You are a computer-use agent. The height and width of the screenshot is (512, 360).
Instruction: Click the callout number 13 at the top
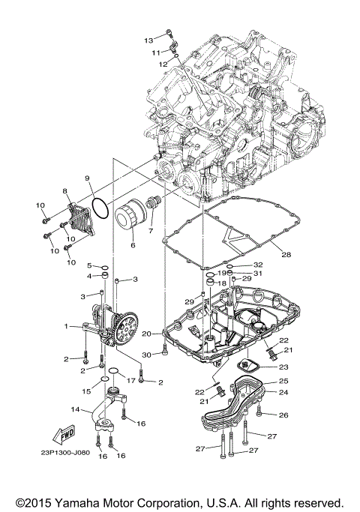point(148,39)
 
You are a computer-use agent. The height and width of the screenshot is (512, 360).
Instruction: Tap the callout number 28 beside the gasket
point(286,255)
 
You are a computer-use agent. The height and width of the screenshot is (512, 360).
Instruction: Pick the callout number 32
point(258,265)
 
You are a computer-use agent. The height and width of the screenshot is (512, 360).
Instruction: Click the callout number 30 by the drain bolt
point(146,355)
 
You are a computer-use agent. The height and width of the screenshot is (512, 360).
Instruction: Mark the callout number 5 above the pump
point(88,266)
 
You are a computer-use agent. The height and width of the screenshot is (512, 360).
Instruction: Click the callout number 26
point(283,415)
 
